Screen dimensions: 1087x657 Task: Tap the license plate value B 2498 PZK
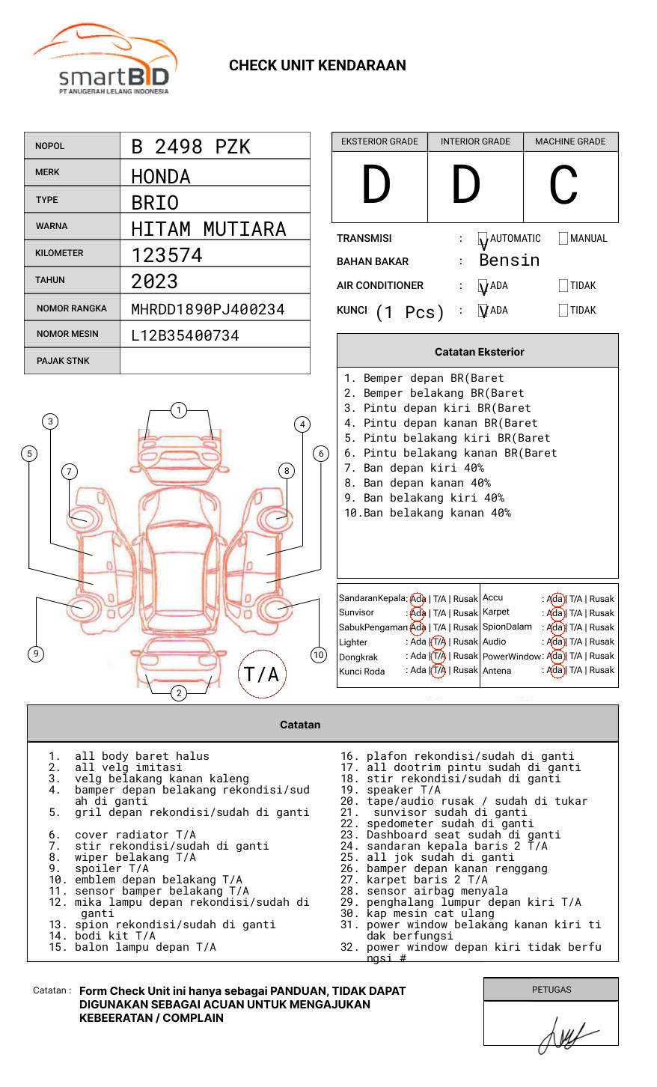(191, 147)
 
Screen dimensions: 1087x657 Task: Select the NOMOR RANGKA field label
(72, 308)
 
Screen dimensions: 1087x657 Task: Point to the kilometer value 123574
(167, 255)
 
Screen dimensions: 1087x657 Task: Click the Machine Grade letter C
(563, 186)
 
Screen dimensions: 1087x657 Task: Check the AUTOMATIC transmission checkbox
(483, 239)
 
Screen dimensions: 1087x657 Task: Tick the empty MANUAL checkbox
(563, 239)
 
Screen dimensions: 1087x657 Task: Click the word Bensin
(509, 261)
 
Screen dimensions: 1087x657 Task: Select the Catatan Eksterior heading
(479, 352)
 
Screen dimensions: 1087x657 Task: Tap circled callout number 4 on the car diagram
(302, 424)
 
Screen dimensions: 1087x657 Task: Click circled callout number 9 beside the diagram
(36, 654)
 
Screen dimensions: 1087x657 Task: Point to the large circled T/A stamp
(262, 674)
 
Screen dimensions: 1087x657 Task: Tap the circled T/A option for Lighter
(438, 642)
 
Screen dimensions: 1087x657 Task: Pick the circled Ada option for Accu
(555, 599)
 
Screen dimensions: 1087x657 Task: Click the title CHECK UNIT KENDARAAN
(317, 66)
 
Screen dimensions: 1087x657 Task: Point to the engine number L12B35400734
(185, 335)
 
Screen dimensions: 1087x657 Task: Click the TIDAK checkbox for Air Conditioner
(563, 286)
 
